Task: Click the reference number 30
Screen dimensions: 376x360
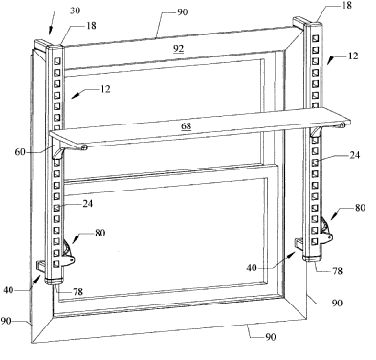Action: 75,11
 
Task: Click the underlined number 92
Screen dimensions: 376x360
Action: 179,49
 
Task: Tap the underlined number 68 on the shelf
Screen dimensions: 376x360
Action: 187,125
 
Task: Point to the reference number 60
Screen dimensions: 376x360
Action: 20,152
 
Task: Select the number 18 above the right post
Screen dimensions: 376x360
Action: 346,5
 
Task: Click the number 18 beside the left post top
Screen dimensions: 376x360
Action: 91,26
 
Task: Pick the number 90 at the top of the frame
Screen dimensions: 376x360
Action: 183,12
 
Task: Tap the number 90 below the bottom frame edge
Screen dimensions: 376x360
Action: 271,337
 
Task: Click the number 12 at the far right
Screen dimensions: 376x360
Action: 353,56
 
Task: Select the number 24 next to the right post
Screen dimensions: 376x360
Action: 354,155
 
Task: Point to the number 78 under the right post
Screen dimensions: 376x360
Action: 337,271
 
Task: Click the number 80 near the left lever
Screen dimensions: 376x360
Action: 100,233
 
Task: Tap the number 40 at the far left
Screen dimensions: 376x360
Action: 9,290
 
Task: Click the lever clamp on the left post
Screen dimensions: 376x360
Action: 69,254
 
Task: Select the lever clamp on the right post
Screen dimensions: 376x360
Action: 326,232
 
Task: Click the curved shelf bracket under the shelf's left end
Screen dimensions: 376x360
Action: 58,153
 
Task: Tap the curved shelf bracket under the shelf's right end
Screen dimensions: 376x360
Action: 317,131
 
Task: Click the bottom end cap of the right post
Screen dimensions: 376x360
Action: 312,259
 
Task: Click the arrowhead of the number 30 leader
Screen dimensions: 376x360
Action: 51,32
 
